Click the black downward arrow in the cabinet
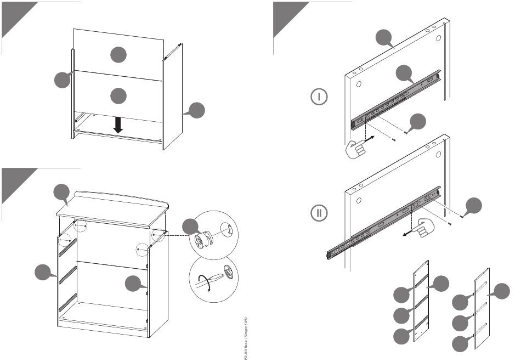(118, 125)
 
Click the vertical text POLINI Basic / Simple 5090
(245, 336)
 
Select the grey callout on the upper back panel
(117, 54)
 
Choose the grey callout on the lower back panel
(117, 95)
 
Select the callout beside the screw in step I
(418, 122)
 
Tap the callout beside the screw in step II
(475, 206)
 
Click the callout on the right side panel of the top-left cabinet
(196, 110)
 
